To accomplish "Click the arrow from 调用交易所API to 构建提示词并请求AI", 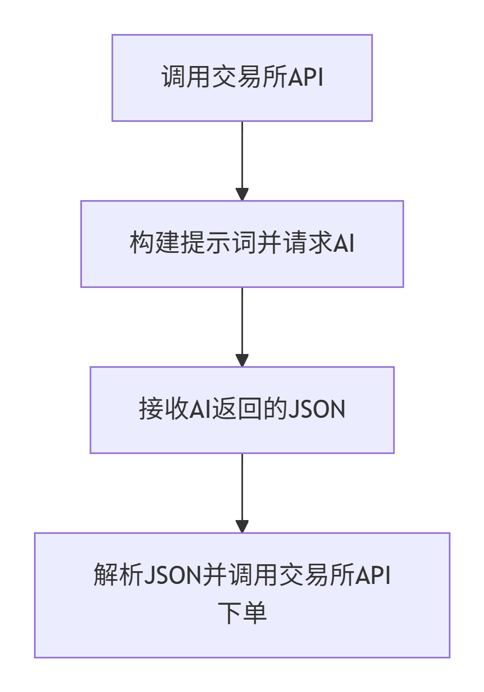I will (242, 160).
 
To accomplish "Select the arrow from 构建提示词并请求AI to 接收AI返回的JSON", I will (242, 326).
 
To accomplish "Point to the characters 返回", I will (231, 410).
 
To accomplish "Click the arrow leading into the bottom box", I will (242, 492).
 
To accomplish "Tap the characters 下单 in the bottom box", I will (242, 613).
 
